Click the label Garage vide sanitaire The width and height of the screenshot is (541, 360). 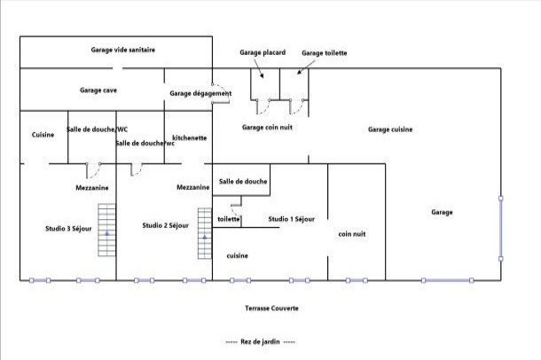point(123,50)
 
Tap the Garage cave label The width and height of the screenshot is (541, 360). point(98,90)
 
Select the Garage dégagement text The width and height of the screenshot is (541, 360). point(200,93)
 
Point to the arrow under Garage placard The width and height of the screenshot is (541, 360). point(258,68)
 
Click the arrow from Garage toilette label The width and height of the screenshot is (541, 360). point(307,67)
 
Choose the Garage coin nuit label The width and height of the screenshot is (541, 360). point(267,128)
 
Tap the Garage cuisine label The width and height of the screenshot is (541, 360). point(390,129)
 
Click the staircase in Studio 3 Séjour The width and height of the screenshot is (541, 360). point(106,230)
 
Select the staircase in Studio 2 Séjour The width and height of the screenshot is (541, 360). point(205,233)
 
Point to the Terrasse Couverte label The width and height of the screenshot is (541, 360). point(272,309)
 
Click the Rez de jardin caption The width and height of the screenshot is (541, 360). point(260,341)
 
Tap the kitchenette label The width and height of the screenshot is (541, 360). point(190,138)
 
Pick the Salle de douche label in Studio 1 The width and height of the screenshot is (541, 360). point(243,182)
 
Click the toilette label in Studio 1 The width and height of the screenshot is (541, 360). point(229,219)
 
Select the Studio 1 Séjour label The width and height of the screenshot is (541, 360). point(292,219)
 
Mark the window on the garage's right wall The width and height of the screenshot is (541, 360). point(501,229)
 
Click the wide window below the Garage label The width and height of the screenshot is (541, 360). point(448,281)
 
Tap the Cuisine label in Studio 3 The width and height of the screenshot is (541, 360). point(43,135)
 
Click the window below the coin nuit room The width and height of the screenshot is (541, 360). point(357,281)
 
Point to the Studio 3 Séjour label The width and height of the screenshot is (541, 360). point(68,229)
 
